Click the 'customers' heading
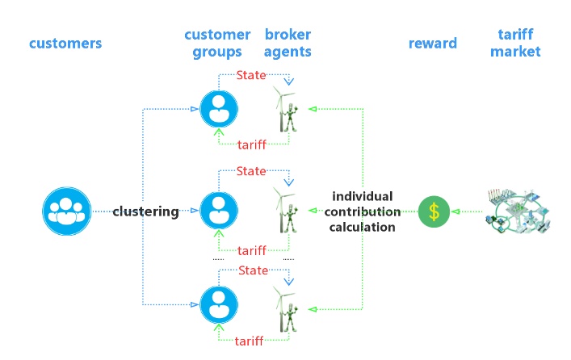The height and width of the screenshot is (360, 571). pyautogui.click(x=65, y=43)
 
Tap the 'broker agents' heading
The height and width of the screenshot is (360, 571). pyautogui.click(x=288, y=44)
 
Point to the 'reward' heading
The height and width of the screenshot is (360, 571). pyautogui.click(x=433, y=43)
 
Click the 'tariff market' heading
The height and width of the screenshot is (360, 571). pyautogui.click(x=515, y=44)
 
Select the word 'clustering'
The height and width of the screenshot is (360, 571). pyautogui.click(x=145, y=211)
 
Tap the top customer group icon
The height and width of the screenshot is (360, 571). pyautogui.click(x=219, y=110)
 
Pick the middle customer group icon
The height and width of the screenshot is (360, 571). pyautogui.click(x=219, y=211)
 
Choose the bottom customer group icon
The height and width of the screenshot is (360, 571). pyautogui.click(x=219, y=304)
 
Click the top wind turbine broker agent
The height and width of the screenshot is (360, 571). pyautogui.click(x=287, y=110)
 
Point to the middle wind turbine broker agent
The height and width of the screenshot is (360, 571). pyautogui.click(x=287, y=211)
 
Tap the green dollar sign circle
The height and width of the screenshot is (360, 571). pyautogui.click(x=434, y=211)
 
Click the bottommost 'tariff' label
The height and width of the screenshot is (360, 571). pyautogui.click(x=249, y=341)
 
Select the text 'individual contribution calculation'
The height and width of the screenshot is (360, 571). pyautogui.click(x=363, y=211)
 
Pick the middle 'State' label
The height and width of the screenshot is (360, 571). pyautogui.click(x=251, y=171)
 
